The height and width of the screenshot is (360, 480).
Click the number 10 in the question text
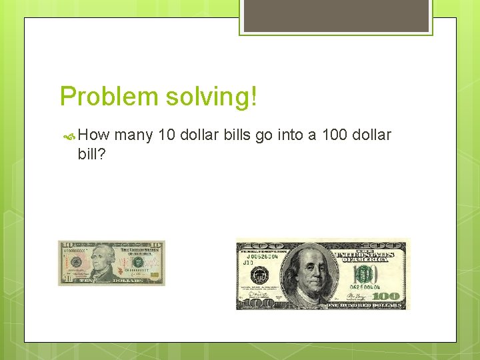[168, 135]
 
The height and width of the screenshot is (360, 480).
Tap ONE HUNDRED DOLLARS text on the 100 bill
[363, 305]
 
